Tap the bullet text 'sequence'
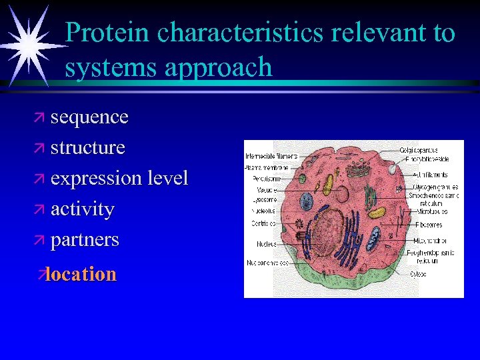coord(89,117)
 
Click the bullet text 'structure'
coord(87,147)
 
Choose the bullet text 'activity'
coord(82,209)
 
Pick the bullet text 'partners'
coord(85,240)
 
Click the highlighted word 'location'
coord(81,274)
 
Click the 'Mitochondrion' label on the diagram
coord(430,241)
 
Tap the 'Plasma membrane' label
coord(267,168)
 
